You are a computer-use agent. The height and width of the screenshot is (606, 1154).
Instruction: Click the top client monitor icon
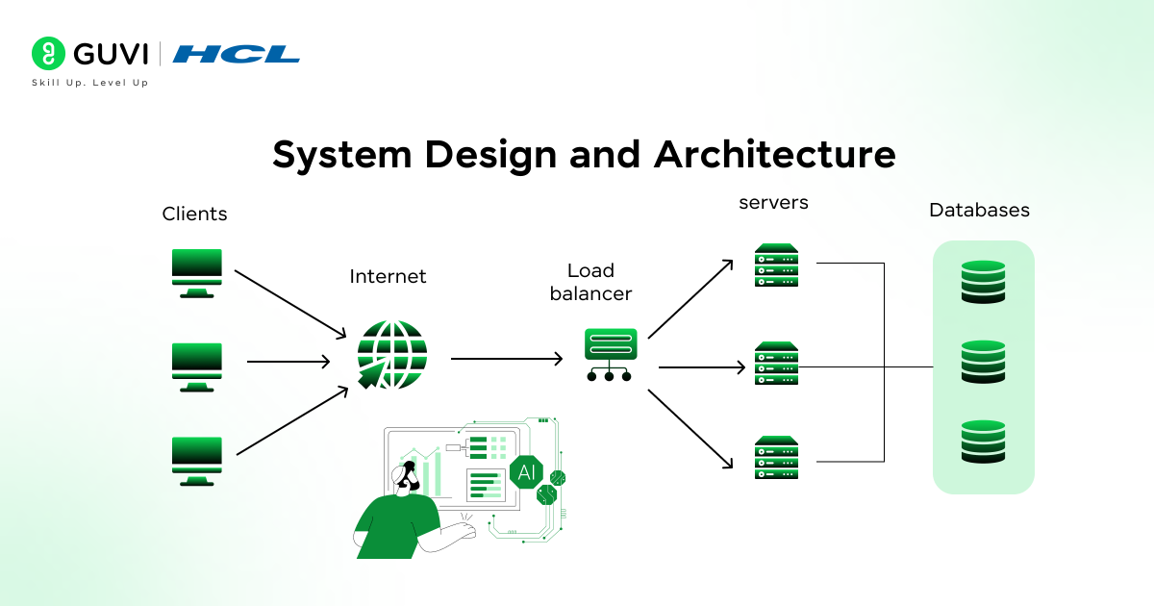click(196, 272)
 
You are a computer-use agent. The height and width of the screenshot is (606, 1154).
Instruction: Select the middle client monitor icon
click(196, 366)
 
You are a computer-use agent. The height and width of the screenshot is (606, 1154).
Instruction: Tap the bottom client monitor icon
click(196, 461)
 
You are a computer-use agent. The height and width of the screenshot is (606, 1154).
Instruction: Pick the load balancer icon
click(610, 355)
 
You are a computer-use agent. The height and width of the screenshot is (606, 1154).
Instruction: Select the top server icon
click(777, 265)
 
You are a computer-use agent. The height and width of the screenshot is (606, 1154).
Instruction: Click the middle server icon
click(777, 364)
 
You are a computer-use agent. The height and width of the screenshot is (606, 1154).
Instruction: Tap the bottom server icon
click(777, 458)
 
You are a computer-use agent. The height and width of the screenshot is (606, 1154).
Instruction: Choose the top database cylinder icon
click(983, 282)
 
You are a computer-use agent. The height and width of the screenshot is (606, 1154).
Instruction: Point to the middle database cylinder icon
click(983, 362)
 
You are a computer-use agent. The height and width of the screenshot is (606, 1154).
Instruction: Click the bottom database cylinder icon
click(983, 442)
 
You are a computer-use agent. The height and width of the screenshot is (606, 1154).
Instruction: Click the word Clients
click(194, 214)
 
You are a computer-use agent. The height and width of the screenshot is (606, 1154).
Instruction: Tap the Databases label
click(979, 210)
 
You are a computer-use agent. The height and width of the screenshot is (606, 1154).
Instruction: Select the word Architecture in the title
click(775, 155)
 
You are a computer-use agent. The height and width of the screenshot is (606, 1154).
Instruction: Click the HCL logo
click(237, 54)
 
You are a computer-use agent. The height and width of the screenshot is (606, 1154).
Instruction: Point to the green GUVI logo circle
click(48, 54)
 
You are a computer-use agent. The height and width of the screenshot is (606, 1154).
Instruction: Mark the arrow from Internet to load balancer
click(507, 359)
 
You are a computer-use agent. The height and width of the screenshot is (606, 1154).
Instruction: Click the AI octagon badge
click(527, 472)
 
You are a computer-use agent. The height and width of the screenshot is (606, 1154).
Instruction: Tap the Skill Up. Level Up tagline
click(90, 83)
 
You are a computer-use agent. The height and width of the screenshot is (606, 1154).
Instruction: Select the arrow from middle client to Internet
click(288, 362)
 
